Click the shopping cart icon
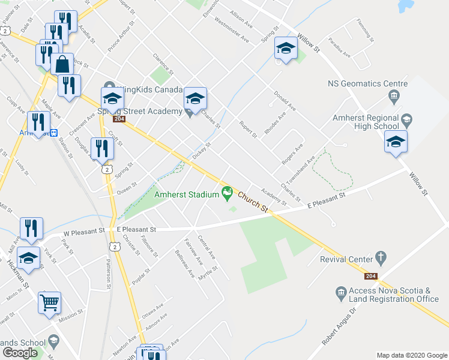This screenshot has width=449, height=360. point(49,302)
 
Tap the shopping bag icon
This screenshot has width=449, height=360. point(62,63)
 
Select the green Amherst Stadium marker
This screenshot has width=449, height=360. point(227,193)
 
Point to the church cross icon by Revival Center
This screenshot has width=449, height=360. point(379,257)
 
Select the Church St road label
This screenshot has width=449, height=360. point(252,200)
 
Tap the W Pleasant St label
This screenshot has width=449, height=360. point(84,230)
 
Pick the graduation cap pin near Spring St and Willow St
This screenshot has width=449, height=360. point(286,49)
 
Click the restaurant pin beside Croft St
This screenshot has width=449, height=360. point(101,148)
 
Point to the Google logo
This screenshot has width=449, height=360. point(20,352)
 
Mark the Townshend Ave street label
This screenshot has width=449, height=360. point(300,170)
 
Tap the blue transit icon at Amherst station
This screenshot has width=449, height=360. point(54,133)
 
